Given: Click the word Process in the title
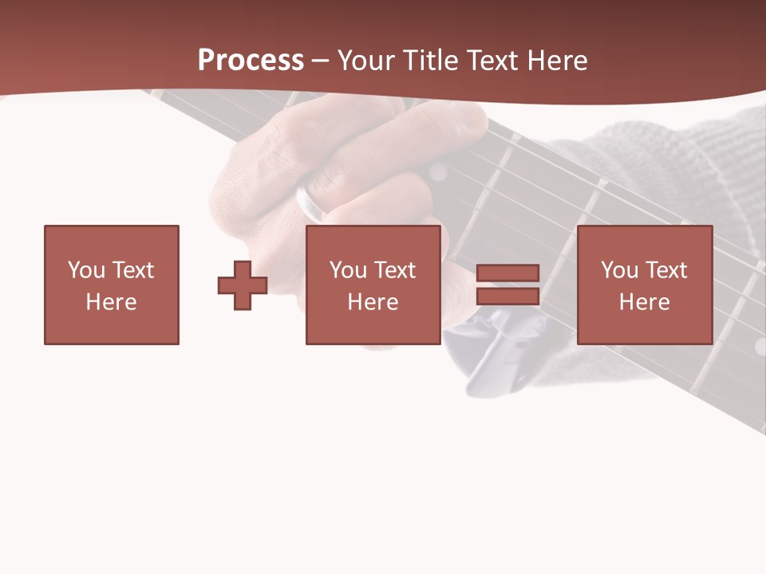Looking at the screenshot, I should coord(251,61).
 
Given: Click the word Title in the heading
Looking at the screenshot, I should coord(431,61).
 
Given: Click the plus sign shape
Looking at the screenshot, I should coord(243,285).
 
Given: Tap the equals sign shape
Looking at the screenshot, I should coord(507,285).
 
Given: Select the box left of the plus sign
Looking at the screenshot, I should coord(112,285).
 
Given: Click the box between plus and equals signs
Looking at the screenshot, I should coord(373,285).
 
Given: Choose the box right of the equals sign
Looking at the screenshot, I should coord(644,285).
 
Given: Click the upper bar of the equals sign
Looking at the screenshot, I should coord(507,273).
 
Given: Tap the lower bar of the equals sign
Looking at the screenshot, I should coord(507,296).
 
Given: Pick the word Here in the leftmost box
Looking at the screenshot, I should coord(112,302).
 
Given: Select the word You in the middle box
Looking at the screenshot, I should coord(348,270).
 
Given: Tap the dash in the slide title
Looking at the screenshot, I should coord(321,61).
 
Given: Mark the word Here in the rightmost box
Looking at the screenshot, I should coord(644,302).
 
